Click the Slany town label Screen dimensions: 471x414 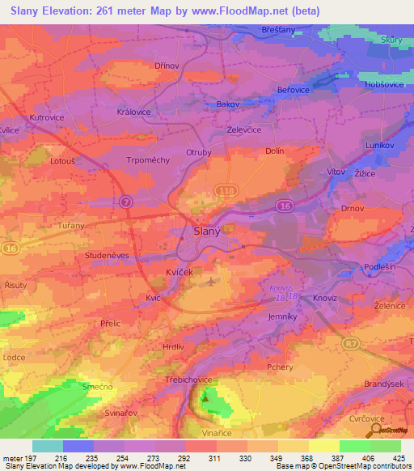[x=208, y=231]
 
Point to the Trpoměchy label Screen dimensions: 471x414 [x=148, y=160]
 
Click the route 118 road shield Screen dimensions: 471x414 [x=225, y=189]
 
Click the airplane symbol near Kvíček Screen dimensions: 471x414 [x=211, y=282]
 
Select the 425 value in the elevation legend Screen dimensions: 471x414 [x=400, y=459]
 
